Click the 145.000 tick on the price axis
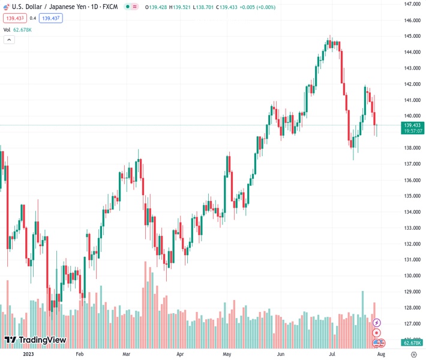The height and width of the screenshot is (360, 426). tap(411, 36)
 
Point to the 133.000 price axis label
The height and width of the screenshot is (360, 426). tap(411, 228)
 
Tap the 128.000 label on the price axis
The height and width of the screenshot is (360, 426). tap(411, 308)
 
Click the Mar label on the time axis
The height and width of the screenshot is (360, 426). tap(127, 355)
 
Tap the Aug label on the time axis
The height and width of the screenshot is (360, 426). tap(380, 355)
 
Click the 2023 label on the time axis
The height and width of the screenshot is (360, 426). tap(28, 355)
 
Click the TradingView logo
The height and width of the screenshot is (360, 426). tap(35, 340)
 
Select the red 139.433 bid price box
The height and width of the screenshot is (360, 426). tap(15, 18)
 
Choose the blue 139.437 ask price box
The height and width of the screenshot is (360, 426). tap(51, 18)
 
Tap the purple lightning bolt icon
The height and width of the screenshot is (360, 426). tap(377, 323)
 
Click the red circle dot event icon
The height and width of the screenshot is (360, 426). tap(377, 333)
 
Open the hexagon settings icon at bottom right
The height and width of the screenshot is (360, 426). tap(413, 355)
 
